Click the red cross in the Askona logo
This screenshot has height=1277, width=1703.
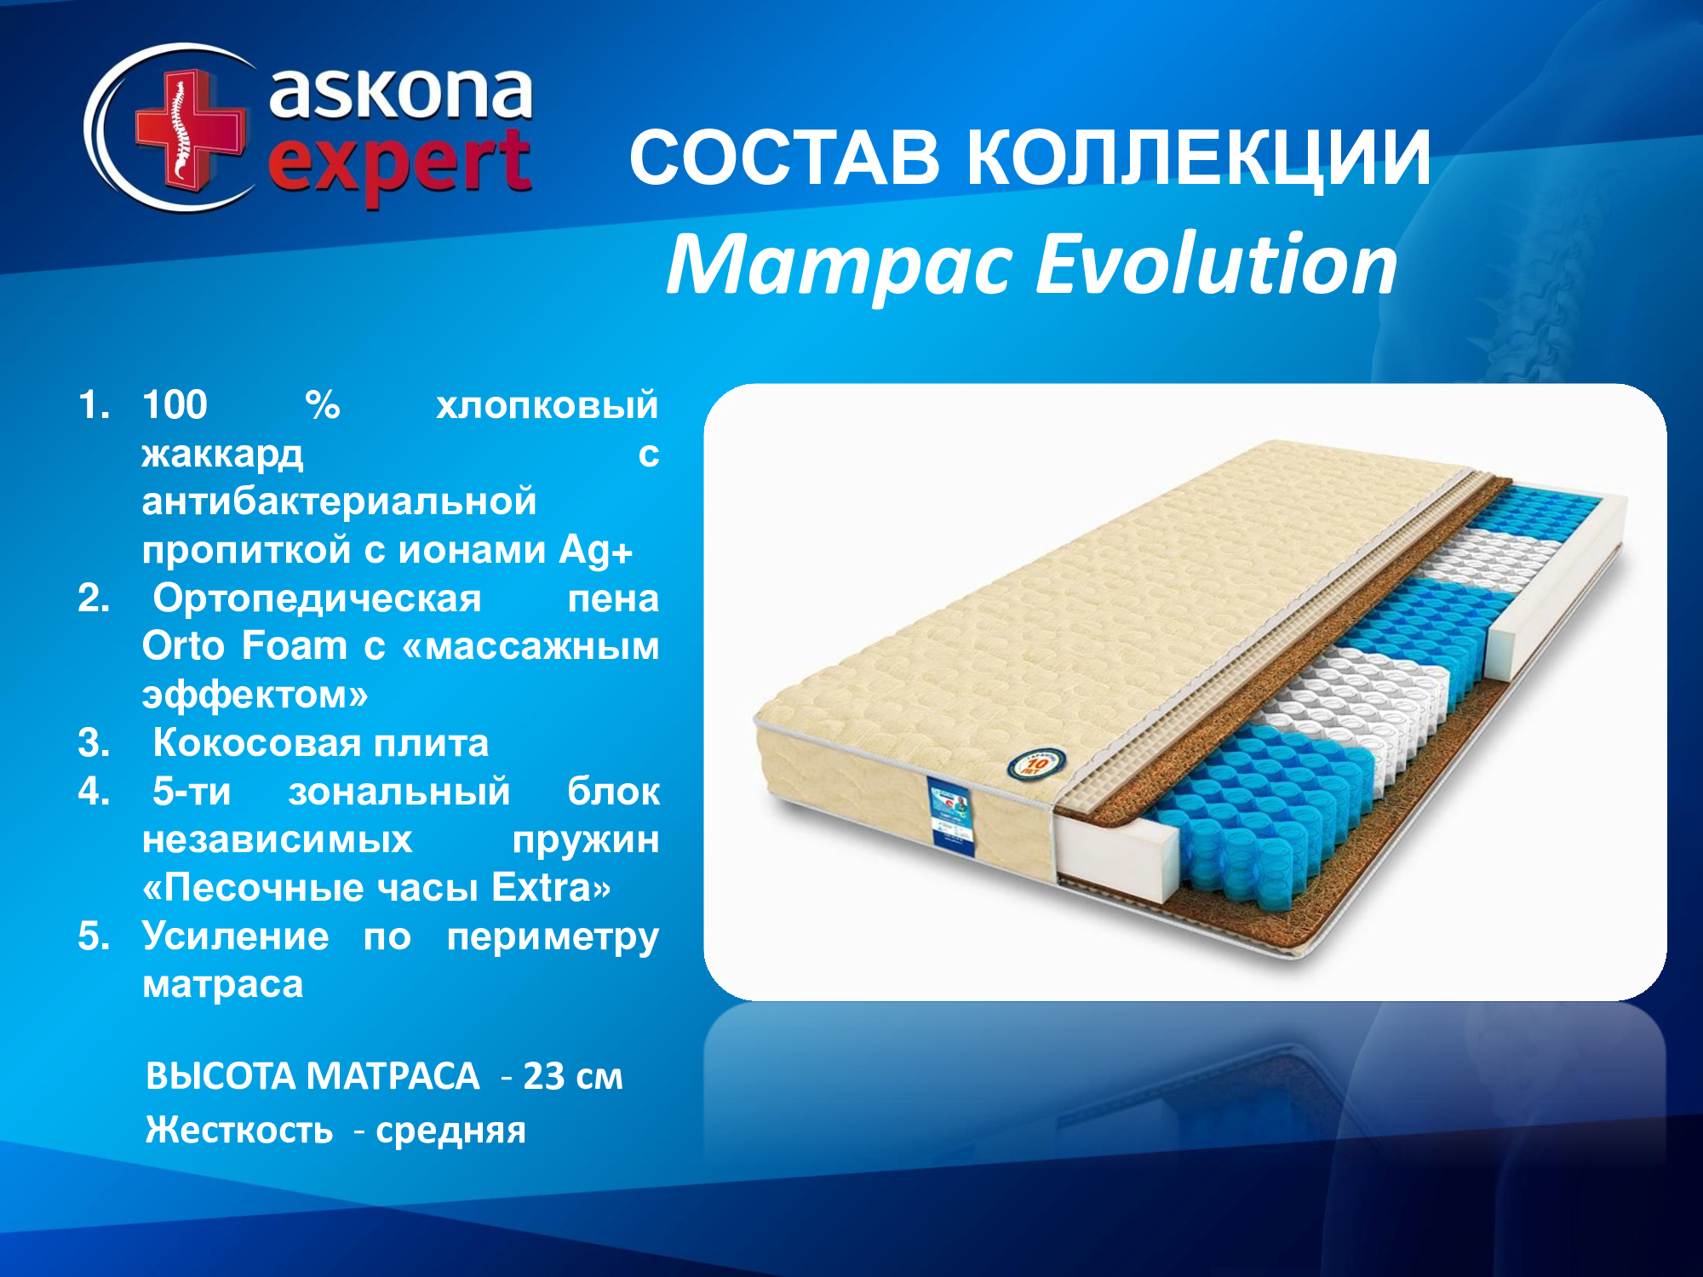click(x=189, y=128)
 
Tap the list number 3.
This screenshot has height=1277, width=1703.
click(x=94, y=743)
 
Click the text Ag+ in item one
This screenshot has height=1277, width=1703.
click(x=596, y=551)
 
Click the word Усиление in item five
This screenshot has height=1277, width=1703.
click(x=235, y=936)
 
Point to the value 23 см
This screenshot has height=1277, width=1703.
click(x=573, y=1077)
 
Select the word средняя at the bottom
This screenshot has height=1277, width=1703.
click(x=451, y=1131)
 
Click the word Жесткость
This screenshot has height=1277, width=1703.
click(x=239, y=1130)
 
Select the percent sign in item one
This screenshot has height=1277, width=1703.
click(x=323, y=404)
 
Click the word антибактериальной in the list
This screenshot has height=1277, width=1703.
click(x=339, y=501)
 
